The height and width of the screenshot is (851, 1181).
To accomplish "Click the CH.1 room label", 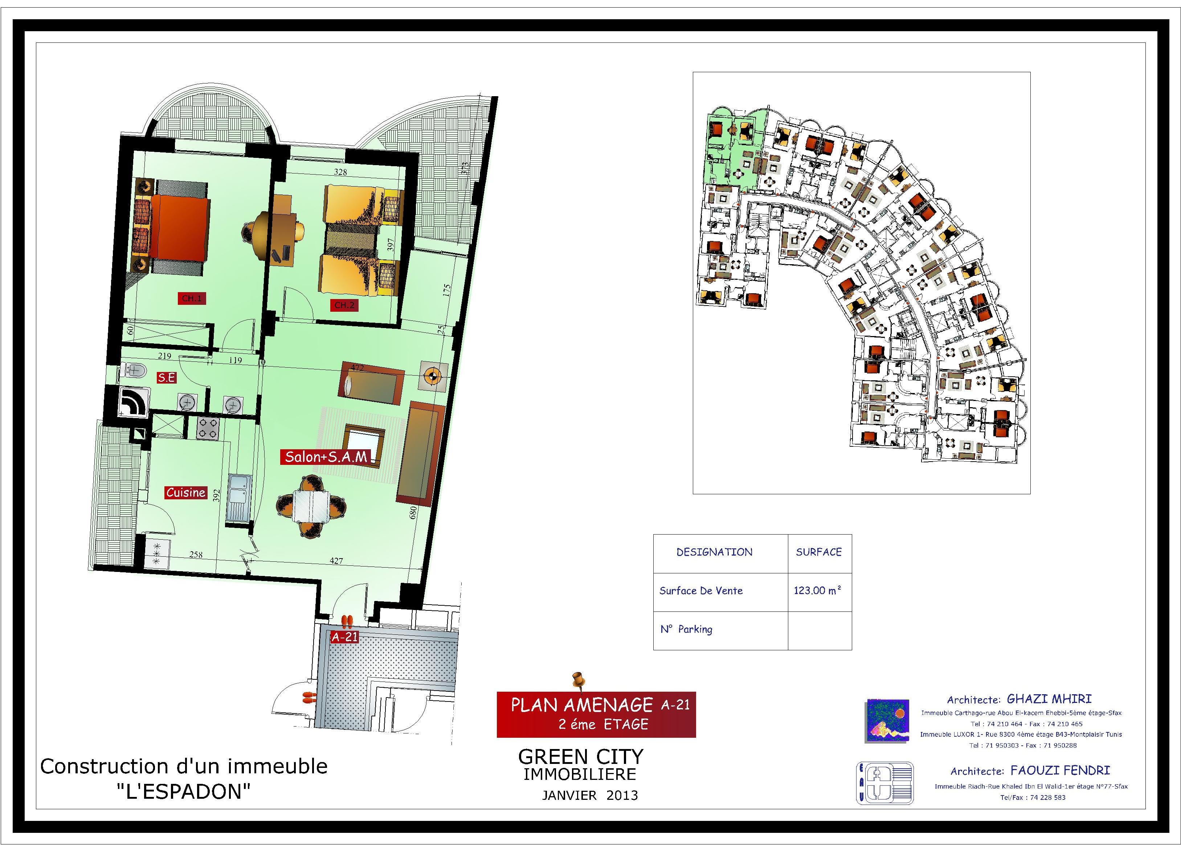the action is (x=191, y=298).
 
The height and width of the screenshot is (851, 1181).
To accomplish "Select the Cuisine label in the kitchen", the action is (x=186, y=492).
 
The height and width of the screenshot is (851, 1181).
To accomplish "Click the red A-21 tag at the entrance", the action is (x=345, y=637).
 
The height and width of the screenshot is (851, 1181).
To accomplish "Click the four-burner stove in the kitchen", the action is (x=208, y=428).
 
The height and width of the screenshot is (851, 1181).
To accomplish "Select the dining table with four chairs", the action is (x=311, y=506).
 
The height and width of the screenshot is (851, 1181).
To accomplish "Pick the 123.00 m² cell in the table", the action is (x=818, y=590).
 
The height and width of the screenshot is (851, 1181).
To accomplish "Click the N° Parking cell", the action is (x=686, y=629).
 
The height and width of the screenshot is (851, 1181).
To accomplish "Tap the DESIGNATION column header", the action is (x=714, y=552).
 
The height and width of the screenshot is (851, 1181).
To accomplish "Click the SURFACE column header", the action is (x=818, y=552).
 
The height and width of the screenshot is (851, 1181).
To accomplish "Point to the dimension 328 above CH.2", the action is (x=340, y=172).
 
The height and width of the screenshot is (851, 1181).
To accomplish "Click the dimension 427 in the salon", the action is (x=336, y=561).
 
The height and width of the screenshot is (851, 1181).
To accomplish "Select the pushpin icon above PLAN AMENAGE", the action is (x=577, y=680).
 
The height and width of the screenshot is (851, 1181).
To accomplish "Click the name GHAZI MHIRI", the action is (x=1049, y=699).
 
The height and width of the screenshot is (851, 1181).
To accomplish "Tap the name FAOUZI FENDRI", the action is (x=1060, y=770).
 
